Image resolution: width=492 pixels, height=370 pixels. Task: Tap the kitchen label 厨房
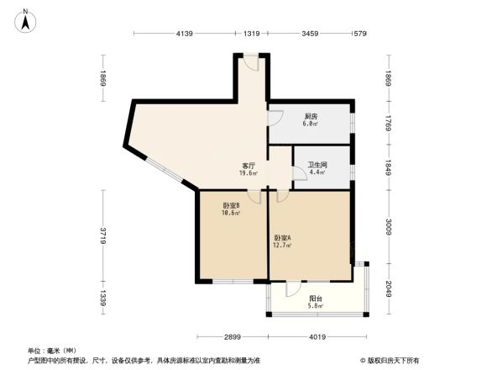(311, 117)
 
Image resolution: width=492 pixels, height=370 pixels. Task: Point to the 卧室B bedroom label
(232, 206)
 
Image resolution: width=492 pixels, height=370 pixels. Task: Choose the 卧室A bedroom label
(282, 239)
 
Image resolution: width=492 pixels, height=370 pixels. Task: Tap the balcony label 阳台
(316, 298)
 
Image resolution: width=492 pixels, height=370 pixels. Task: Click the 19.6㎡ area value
(249, 174)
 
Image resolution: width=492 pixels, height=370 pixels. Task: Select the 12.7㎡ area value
(282, 246)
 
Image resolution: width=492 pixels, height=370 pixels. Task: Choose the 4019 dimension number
(317, 337)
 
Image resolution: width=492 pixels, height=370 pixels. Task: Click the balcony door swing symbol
(291, 288)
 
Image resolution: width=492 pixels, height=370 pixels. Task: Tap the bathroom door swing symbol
(299, 174)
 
